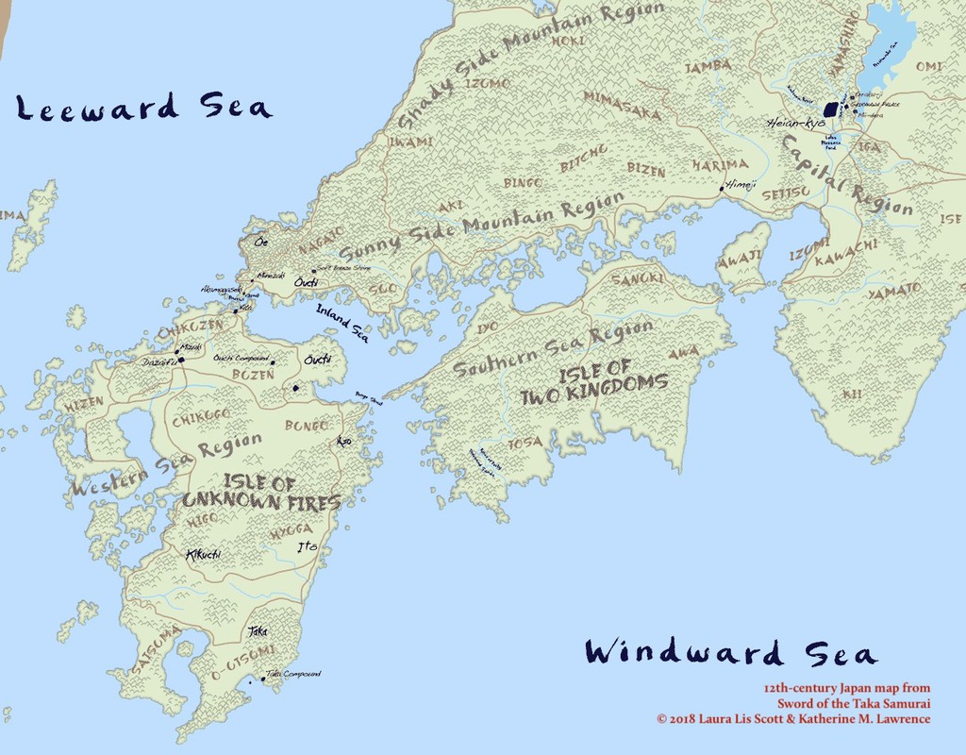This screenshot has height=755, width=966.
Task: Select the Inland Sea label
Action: [x=342, y=321]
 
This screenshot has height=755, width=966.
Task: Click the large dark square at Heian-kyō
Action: [x=832, y=109]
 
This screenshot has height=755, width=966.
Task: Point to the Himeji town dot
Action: [x=723, y=189]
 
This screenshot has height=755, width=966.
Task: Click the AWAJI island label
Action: [x=741, y=257]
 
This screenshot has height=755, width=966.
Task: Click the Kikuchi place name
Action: [x=203, y=555]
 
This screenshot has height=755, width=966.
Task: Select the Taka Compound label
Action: [x=293, y=674]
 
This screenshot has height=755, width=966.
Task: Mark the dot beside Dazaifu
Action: [x=181, y=360]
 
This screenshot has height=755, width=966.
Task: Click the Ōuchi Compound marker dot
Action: [x=273, y=362]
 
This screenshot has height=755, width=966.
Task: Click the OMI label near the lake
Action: [x=928, y=66]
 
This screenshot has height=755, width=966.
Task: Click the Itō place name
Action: [x=308, y=547]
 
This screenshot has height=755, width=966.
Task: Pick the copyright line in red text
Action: [x=793, y=719]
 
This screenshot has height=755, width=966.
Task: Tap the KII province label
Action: [x=852, y=393]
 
